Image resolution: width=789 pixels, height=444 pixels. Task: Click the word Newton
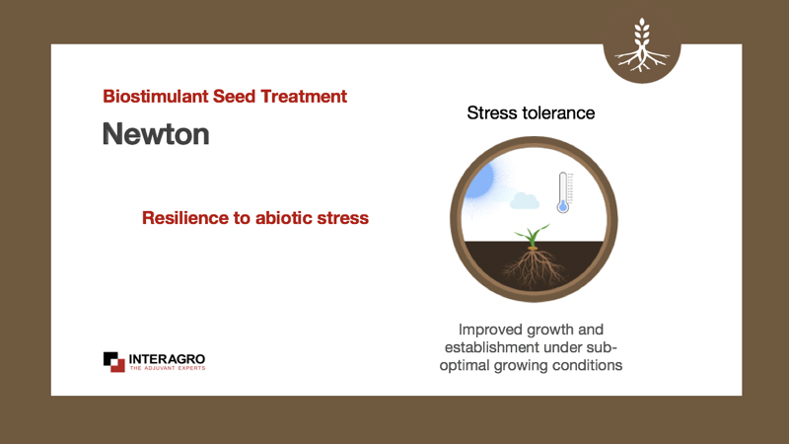[156, 134]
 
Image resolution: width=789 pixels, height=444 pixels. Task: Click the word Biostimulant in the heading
[156, 96]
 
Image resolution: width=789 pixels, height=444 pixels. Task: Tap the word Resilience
[184, 218]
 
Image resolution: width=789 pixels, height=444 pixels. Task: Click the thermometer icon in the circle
[563, 192]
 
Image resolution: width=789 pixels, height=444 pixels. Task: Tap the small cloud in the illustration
[525, 201]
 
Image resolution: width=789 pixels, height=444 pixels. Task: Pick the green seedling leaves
[532, 236]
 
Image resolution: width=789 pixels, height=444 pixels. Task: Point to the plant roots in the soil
[534, 269]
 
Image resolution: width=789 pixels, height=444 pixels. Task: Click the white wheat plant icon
[642, 44]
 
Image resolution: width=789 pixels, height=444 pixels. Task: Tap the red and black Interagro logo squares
[113, 362]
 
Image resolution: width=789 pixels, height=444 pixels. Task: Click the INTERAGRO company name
[167, 359]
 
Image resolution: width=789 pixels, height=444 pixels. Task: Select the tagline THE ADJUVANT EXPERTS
[168, 368]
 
